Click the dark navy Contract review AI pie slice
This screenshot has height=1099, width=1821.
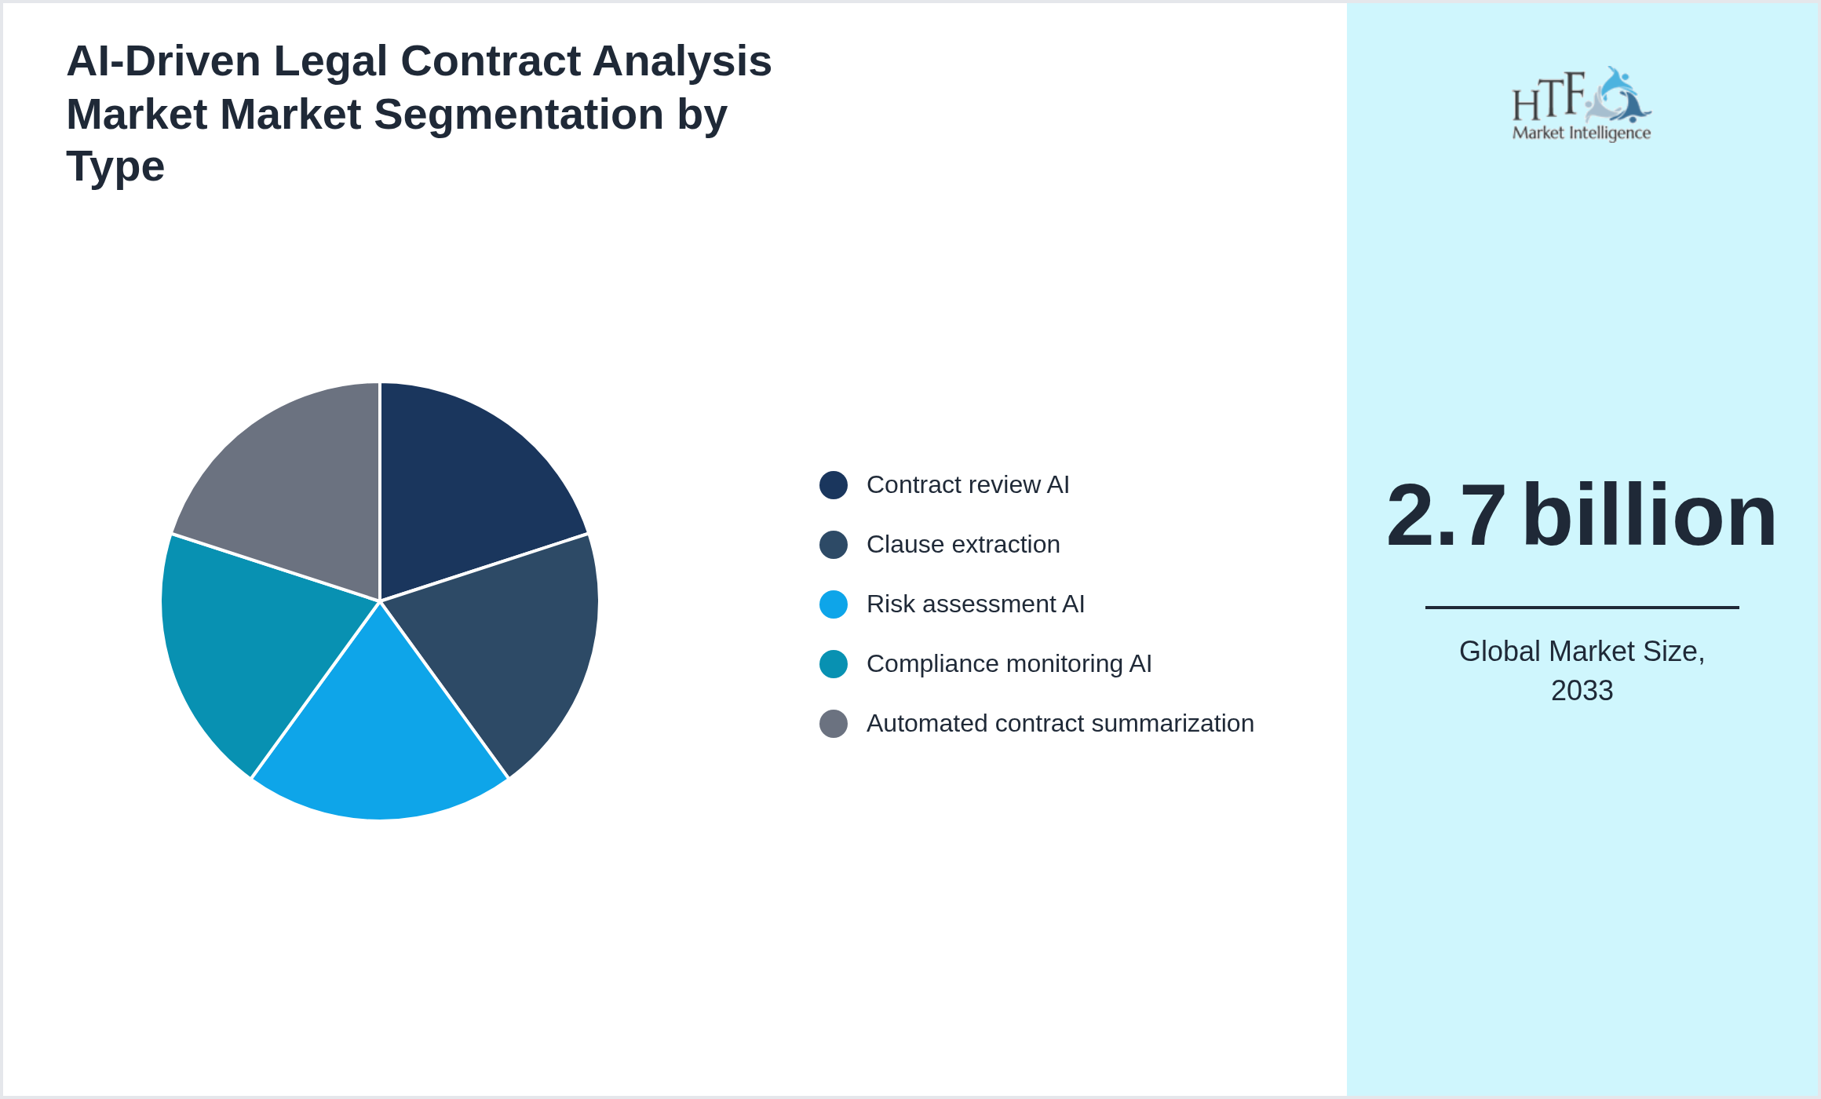click(463, 487)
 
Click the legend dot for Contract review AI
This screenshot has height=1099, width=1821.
click(833, 485)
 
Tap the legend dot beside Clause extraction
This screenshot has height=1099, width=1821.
click(833, 545)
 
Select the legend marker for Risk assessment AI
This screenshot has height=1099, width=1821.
click(833, 604)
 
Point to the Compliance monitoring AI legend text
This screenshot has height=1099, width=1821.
click(1009, 664)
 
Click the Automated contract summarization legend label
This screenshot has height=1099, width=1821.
click(1060, 724)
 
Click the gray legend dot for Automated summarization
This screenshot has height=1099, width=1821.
click(833, 724)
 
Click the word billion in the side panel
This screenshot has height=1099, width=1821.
click(1648, 516)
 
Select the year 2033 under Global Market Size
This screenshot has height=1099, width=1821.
click(1582, 691)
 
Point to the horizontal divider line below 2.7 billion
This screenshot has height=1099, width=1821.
click(1582, 607)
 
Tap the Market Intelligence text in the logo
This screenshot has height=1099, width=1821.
click(1581, 133)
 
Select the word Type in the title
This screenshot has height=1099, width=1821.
click(115, 166)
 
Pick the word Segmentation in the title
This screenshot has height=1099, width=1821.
click(519, 115)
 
